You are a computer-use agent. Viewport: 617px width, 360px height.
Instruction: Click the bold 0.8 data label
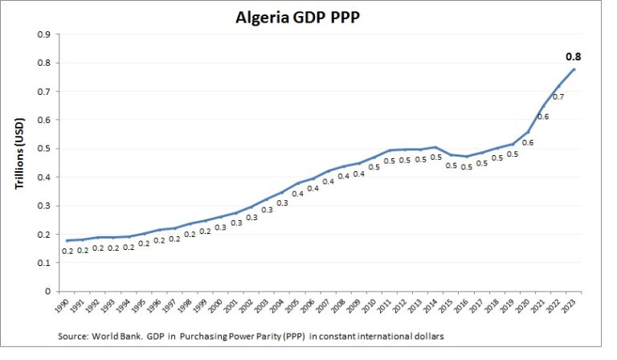pyautogui.click(x=573, y=57)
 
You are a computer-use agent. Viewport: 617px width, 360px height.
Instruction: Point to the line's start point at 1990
pyautogui.click(x=67, y=240)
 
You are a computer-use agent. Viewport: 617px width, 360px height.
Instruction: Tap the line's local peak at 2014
pyautogui.click(x=435, y=147)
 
